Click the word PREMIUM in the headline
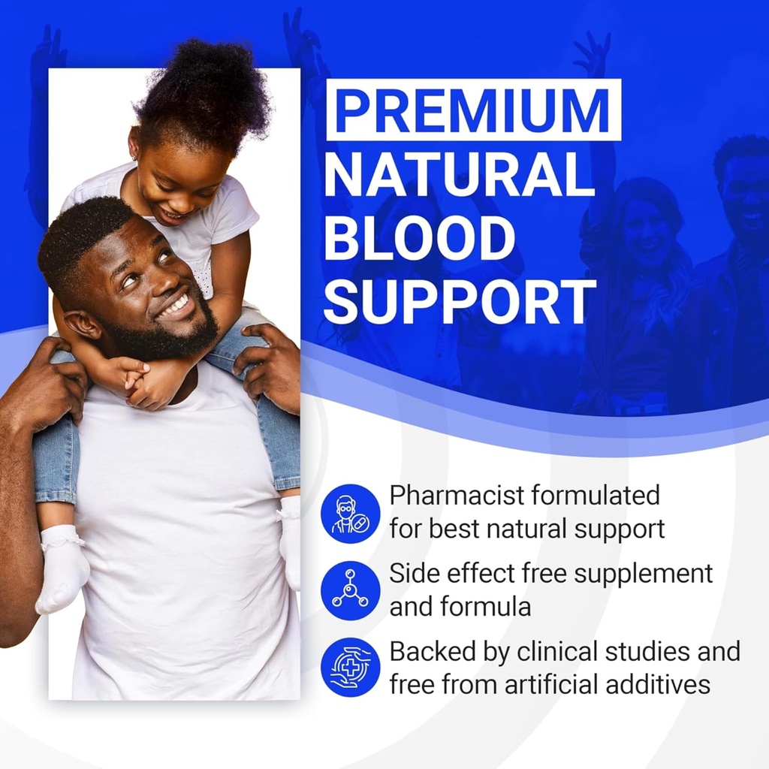(x=473, y=111)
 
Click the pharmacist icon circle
(x=350, y=514)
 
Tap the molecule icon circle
(x=350, y=590)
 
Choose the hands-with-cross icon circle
(x=350, y=667)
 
